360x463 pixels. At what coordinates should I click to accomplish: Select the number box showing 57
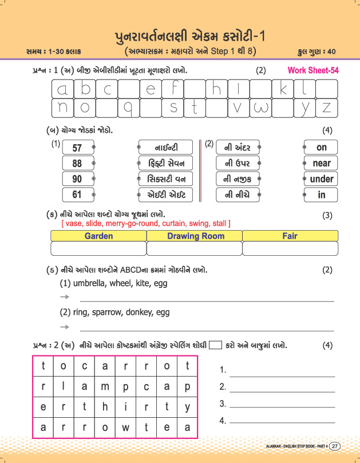pos(77,148)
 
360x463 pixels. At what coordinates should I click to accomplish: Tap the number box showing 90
pos(77,179)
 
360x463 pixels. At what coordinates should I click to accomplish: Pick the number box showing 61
pos(77,195)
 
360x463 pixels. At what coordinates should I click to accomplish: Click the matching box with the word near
pos(322,163)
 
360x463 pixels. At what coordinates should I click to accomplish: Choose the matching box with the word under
pos(322,179)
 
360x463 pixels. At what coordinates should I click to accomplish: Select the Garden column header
pos(98,236)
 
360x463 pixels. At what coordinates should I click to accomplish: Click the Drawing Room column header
pos(195,236)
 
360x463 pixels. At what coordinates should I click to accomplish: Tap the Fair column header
pos(290,236)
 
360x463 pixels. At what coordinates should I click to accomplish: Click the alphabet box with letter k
pos(283,89)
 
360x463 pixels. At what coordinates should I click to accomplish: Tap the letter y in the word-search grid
pos(187,406)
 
